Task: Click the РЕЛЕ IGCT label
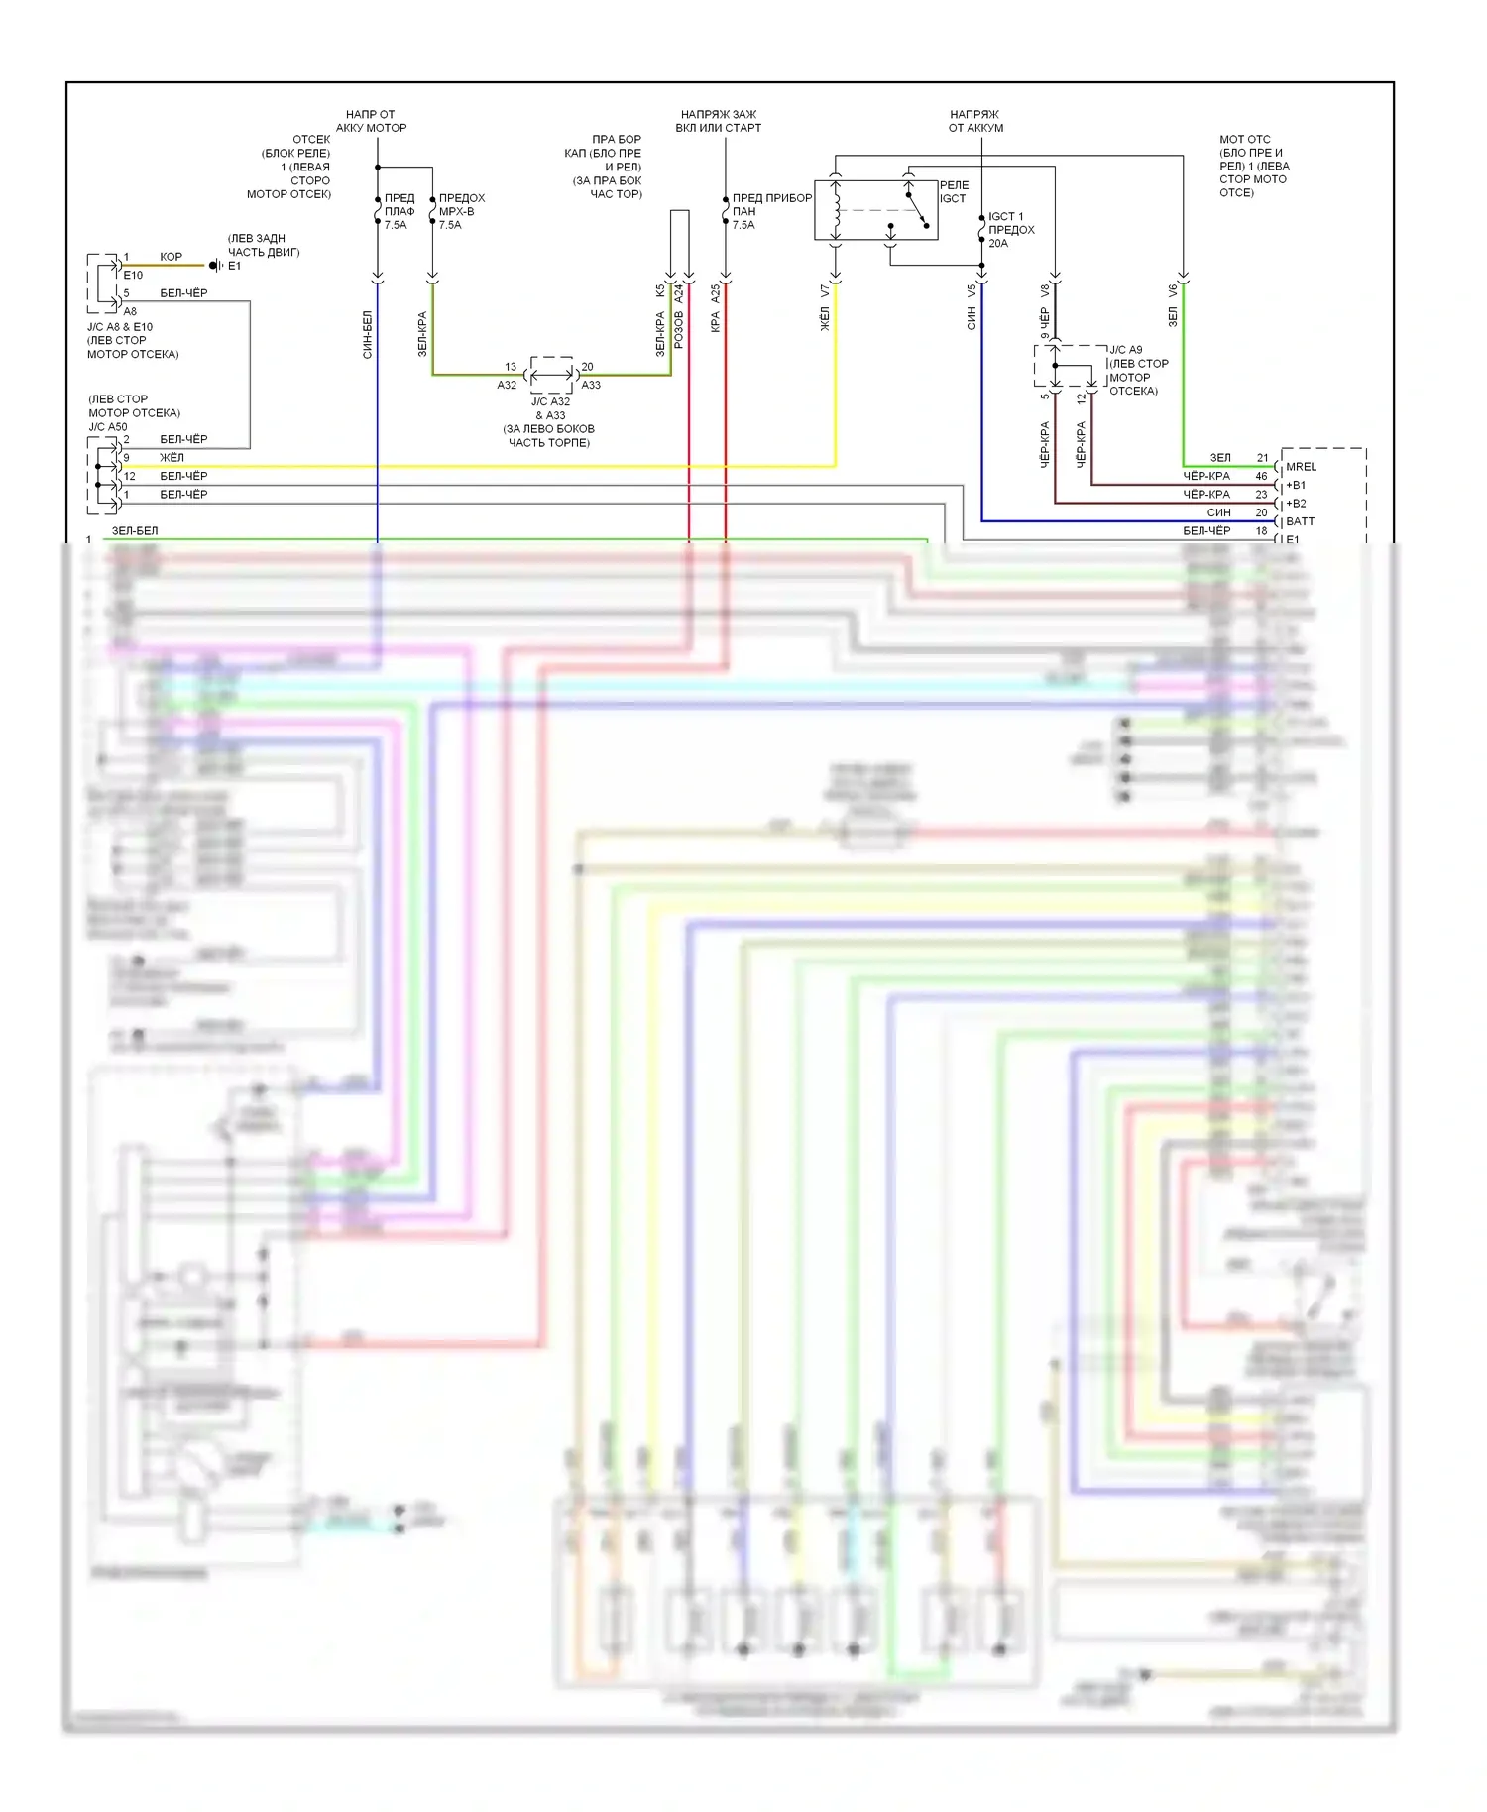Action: [x=953, y=192]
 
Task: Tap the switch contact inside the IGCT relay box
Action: [x=917, y=210]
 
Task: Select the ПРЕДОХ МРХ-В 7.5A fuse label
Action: [x=461, y=211]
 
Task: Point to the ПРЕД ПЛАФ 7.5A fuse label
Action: [x=399, y=211]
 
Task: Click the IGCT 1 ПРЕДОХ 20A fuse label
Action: [x=1010, y=230]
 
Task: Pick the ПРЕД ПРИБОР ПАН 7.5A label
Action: [x=771, y=211]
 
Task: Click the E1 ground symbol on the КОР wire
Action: [x=215, y=266]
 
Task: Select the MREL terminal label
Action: [x=1301, y=467]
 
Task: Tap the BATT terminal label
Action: [x=1300, y=521]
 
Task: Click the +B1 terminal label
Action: [x=1296, y=485]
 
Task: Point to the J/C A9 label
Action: [x=1125, y=350]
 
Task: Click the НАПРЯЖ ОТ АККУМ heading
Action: [x=975, y=121]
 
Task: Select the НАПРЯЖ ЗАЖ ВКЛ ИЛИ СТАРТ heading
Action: [x=719, y=121]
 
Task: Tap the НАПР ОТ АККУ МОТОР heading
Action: [x=371, y=121]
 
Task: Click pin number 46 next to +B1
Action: [x=1261, y=476]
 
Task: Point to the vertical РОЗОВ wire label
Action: [x=679, y=330]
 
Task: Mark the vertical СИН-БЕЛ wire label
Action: [x=368, y=334]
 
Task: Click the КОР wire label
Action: [x=171, y=257]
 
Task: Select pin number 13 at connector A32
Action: [x=511, y=367]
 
